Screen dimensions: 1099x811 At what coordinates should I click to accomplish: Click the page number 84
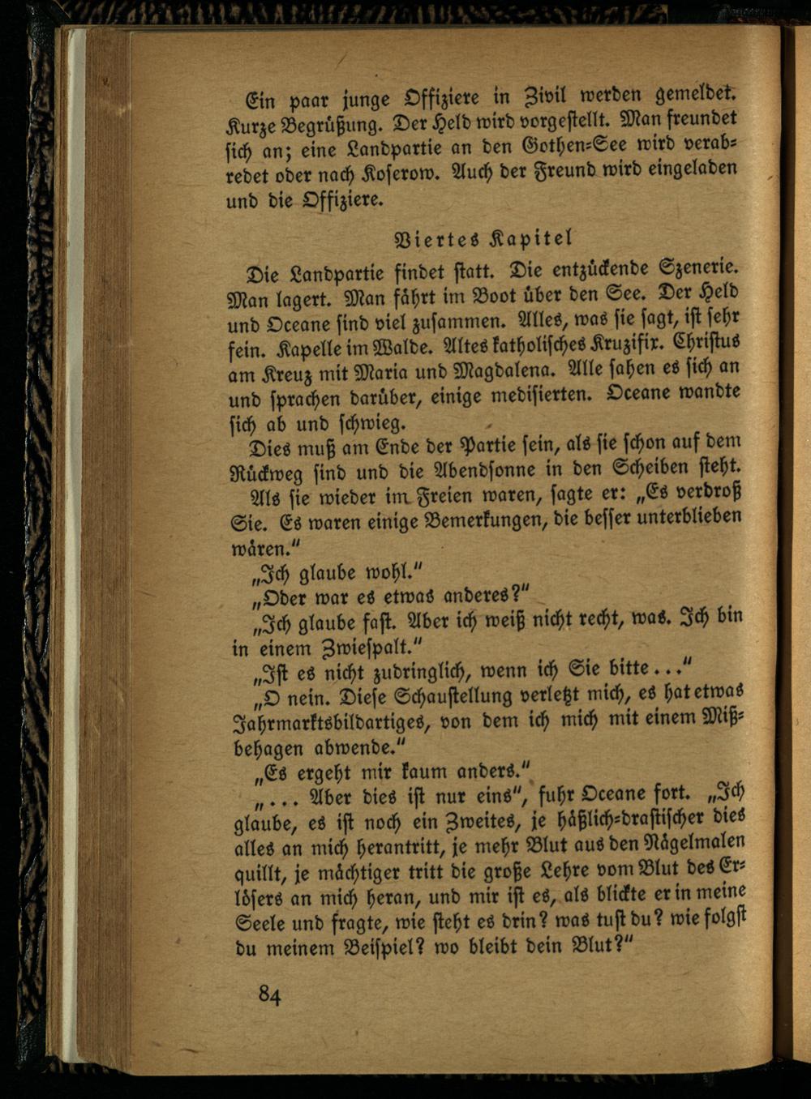(x=270, y=994)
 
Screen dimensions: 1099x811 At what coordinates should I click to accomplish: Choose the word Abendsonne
(x=495, y=469)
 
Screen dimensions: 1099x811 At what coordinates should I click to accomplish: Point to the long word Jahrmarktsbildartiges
(x=334, y=722)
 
